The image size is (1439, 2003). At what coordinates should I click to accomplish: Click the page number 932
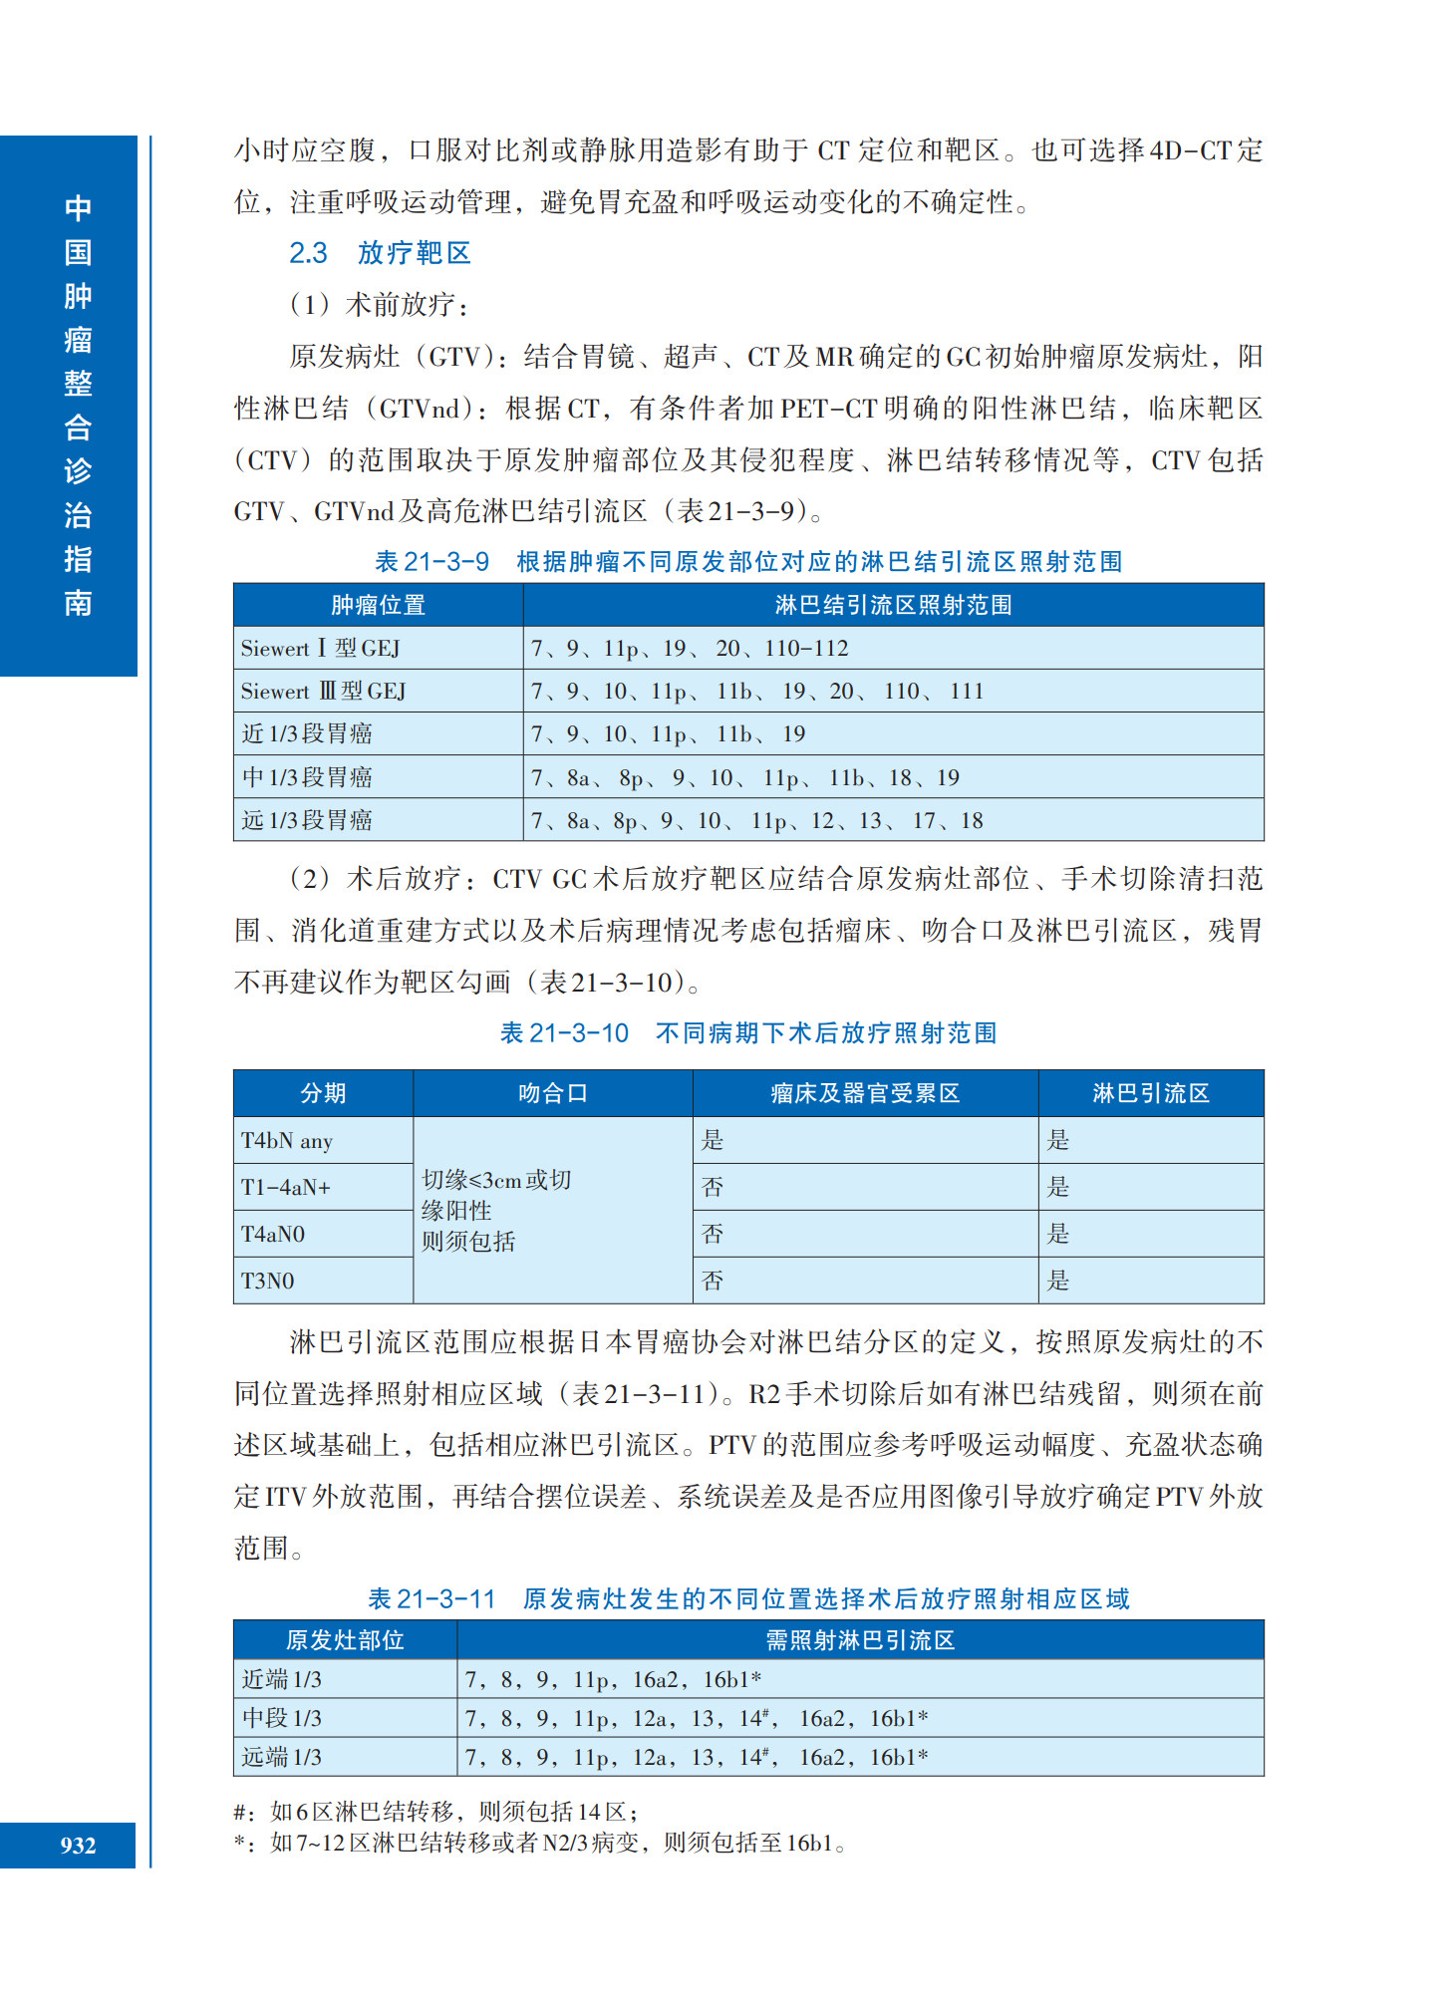[x=78, y=1845]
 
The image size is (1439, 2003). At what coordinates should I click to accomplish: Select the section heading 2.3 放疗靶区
[x=380, y=253]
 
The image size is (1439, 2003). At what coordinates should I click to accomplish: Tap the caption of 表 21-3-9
[x=747, y=562]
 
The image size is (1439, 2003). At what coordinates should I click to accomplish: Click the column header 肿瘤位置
[x=378, y=605]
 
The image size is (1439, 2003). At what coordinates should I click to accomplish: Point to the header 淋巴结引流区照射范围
[x=893, y=605]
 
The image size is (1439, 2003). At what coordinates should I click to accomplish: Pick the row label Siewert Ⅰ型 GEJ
[x=320, y=649]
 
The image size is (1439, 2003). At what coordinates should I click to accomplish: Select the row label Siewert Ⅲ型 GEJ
[x=323, y=692]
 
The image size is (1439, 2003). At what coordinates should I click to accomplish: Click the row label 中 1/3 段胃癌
[x=307, y=777]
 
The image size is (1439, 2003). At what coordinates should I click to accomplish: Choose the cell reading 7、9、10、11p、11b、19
[x=668, y=734]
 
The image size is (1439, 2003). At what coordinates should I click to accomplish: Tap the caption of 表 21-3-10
[x=747, y=1033]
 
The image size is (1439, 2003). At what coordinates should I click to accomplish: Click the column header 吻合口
[x=552, y=1093]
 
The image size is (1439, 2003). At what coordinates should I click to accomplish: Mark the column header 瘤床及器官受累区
[x=864, y=1093]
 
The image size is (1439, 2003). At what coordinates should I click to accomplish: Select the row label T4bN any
[x=287, y=1140]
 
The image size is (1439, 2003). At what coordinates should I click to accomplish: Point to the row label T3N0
[x=267, y=1281]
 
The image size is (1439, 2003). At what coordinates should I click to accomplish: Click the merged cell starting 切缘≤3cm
[x=496, y=1210]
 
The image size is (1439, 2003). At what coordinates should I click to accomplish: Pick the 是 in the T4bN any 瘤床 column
[x=713, y=1140]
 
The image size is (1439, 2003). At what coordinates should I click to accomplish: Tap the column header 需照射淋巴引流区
[x=859, y=1640]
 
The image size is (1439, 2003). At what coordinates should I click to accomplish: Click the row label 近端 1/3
[x=281, y=1680]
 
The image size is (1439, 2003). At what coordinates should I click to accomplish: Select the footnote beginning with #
[x=436, y=1812]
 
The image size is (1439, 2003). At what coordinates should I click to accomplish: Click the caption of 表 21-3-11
[x=747, y=1599]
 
